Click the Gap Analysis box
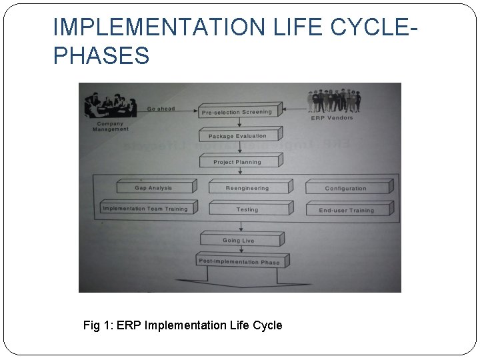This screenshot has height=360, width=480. (x=155, y=187)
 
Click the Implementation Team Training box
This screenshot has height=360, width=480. (x=147, y=209)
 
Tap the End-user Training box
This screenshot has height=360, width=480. (x=347, y=210)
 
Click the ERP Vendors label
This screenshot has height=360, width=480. (x=332, y=118)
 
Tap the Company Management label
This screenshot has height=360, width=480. (x=111, y=126)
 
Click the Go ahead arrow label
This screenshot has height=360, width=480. (x=161, y=109)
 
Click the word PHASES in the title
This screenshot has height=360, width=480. (x=101, y=56)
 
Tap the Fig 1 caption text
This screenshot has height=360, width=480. (x=183, y=325)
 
